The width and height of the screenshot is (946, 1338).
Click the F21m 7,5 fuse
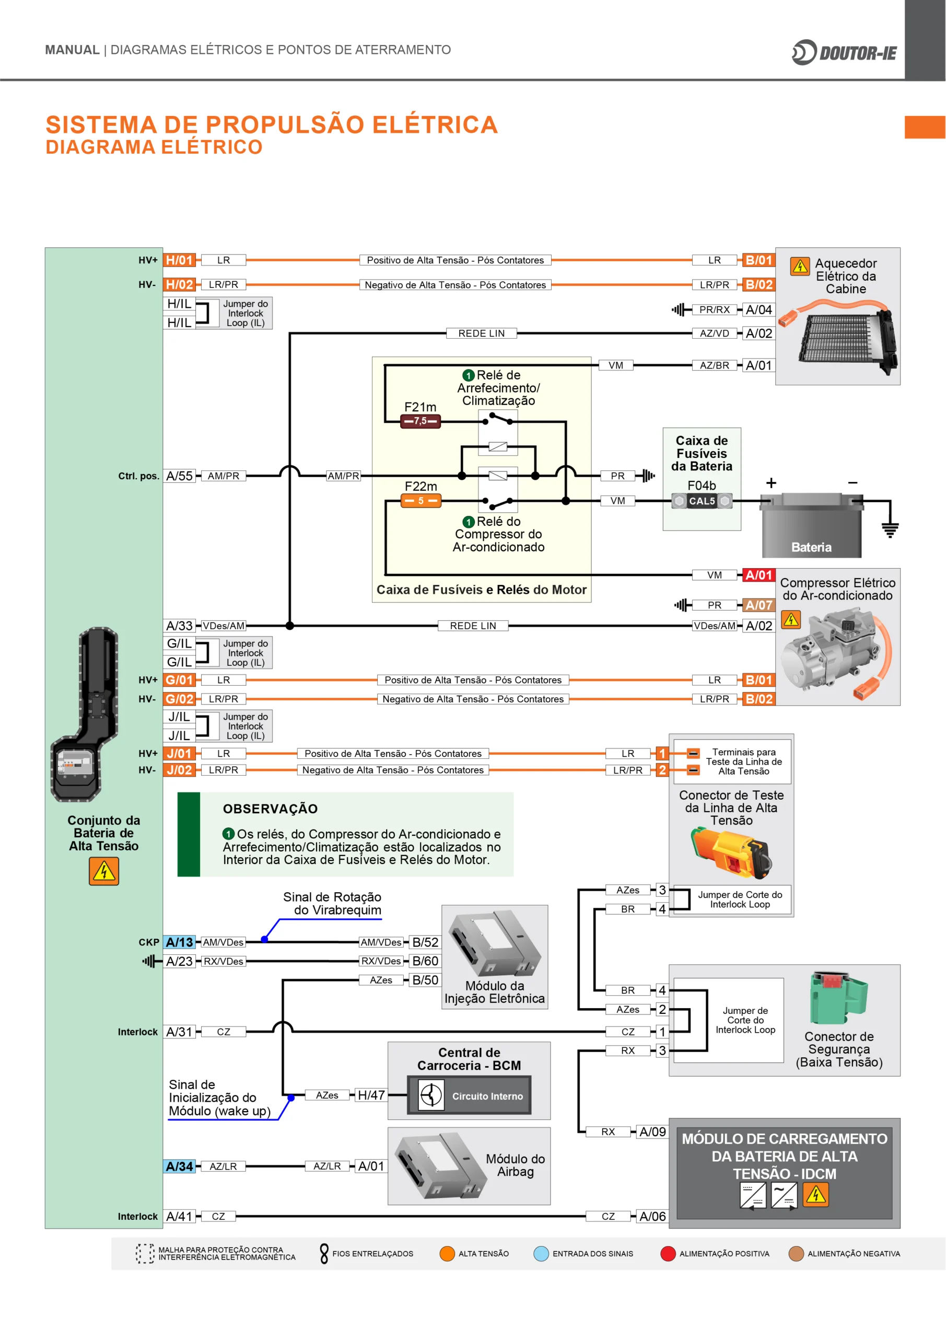[x=420, y=421]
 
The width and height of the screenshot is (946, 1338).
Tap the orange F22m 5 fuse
[x=421, y=501]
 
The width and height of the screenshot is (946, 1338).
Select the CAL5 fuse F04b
[x=702, y=501]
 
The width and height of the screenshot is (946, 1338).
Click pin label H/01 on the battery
[x=179, y=260]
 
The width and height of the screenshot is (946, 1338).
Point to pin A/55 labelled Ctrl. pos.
[x=179, y=476]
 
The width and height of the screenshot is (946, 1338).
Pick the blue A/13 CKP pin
[x=179, y=942]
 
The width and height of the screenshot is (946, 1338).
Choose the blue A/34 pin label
[x=179, y=1166]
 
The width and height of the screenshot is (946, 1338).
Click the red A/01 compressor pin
[x=758, y=575]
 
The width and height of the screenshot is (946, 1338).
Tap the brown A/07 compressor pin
[x=758, y=605]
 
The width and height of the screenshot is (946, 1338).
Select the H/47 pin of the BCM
[x=371, y=1095]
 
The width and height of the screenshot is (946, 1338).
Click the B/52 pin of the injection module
[x=425, y=942]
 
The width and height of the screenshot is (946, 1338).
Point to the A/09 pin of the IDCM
[x=652, y=1132]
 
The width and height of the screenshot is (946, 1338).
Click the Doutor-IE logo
[x=844, y=53]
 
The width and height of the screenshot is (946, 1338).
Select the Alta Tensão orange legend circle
[x=447, y=1253]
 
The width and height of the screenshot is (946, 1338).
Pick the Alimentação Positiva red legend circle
[x=668, y=1253]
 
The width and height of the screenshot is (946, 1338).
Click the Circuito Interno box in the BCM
[x=470, y=1096]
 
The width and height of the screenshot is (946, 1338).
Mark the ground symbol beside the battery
[x=890, y=529]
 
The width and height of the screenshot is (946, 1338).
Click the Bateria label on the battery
[x=811, y=547]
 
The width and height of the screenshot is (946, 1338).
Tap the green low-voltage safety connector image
[x=838, y=998]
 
